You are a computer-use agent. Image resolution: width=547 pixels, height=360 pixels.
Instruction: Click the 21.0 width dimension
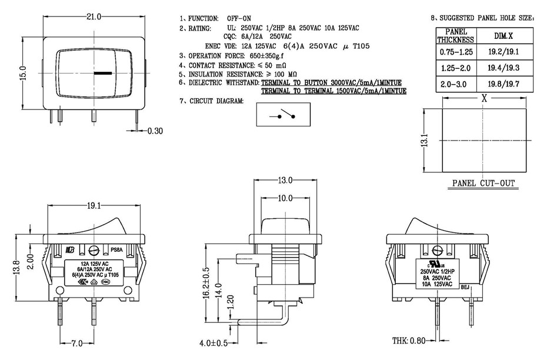tap(94, 17)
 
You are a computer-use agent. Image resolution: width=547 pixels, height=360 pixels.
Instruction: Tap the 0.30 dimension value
tap(155, 131)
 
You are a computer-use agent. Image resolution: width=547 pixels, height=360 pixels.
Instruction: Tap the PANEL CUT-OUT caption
tap(483, 184)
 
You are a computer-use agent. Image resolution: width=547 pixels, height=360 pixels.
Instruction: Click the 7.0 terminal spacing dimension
tap(76, 343)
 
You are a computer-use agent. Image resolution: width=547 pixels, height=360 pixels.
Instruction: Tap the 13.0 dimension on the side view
tap(286, 181)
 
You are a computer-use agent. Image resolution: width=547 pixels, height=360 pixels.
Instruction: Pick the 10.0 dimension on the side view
tap(286, 199)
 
